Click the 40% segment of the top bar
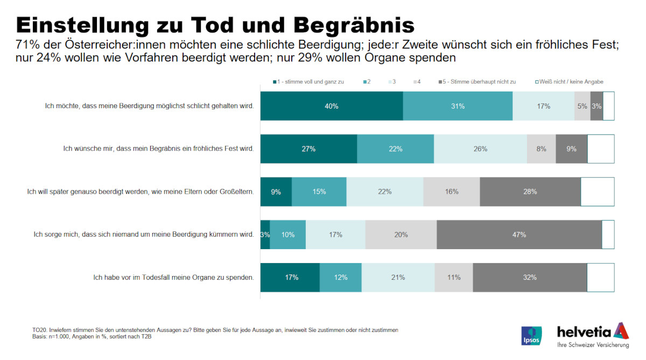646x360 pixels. (332, 106)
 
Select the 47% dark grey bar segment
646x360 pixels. (519, 235)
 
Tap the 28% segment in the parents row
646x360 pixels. (530, 192)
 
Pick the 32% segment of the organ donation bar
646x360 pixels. (530, 278)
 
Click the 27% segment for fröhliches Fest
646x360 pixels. (308, 149)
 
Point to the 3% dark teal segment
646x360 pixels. (265, 235)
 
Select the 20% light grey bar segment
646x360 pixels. (401, 235)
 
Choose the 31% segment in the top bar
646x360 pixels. (458, 106)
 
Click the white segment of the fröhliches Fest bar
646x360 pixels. (600, 149)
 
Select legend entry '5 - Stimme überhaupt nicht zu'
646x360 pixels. (476, 82)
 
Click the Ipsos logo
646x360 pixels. (531, 336)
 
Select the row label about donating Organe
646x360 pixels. (173, 278)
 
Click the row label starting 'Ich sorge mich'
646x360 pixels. (143, 235)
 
